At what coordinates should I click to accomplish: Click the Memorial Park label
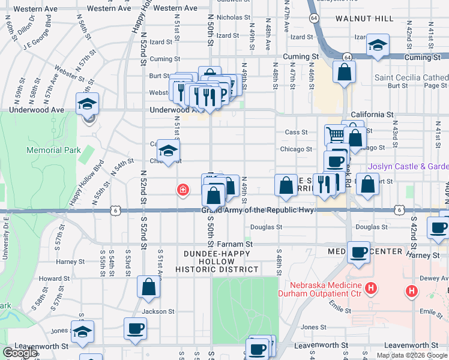53,150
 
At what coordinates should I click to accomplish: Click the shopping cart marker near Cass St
334,134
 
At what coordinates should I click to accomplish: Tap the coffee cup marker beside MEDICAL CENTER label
359,252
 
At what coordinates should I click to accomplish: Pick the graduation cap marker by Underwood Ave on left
88,104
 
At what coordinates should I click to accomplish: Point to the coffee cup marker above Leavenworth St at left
135,328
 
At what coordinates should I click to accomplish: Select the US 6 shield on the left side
115,210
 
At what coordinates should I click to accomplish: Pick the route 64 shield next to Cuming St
347,56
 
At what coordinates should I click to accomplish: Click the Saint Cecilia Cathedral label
411,77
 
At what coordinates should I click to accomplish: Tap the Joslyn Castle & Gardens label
408,166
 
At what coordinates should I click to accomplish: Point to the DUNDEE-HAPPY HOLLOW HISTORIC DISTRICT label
221,261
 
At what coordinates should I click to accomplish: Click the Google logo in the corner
20,353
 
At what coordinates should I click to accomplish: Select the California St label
372,114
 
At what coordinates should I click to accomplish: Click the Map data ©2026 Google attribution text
412,355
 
